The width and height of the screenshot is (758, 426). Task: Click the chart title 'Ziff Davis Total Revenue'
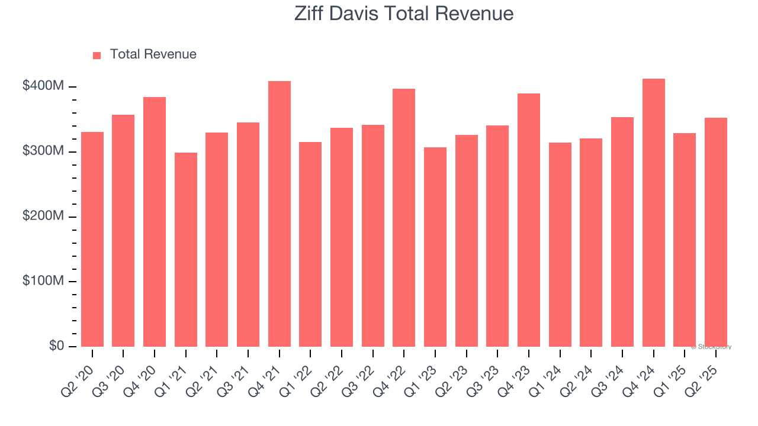pos(404,14)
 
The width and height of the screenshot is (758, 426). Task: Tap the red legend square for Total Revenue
pos(97,55)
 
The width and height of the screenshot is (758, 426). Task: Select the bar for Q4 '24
pos(654,212)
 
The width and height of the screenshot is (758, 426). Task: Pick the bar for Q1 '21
pos(186,249)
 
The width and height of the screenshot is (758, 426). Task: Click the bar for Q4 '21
pos(280,214)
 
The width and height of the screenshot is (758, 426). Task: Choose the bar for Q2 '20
pos(92,239)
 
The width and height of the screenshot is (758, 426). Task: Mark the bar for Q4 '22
pos(404,217)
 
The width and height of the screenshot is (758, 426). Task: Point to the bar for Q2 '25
pos(716,232)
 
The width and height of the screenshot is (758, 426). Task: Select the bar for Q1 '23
pos(435,247)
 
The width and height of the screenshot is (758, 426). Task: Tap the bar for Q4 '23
pos(529,220)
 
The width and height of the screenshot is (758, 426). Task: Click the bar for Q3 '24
pos(622,231)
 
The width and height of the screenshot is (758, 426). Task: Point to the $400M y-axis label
pos(43,86)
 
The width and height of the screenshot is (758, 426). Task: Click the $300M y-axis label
pos(43,151)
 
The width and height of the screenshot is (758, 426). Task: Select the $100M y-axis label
pos(43,281)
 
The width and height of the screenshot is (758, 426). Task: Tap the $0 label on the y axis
pos(57,346)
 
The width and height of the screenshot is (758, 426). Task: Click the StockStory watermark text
pos(711,347)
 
